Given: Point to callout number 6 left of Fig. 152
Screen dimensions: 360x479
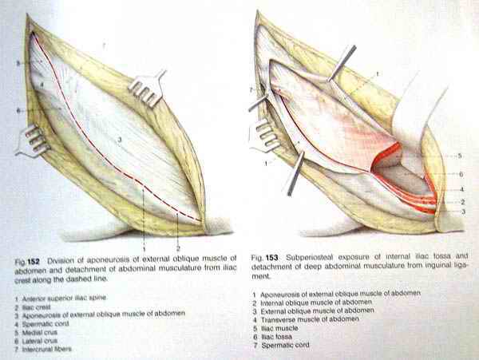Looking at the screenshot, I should [x=26, y=110].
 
